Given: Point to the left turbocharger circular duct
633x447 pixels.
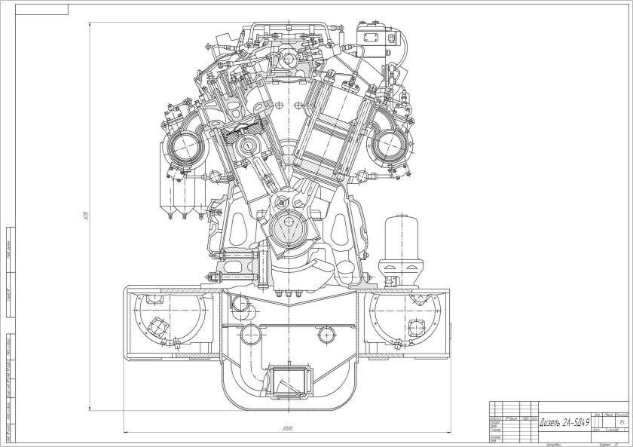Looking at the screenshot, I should tap(184, 144).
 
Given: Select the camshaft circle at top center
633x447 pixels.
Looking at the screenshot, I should tap(288, 59).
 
